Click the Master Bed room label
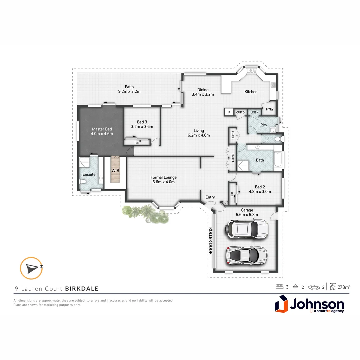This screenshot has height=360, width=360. click(x=102, y=129)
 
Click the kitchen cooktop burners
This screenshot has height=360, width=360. click(x=273, y=85)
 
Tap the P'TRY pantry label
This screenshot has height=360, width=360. click(x=269, y=109)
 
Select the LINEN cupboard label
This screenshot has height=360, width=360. click(x=254, y=112)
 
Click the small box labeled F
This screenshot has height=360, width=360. click(x=229, y=112)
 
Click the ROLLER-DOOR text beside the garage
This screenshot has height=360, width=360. click(x=210, y=241)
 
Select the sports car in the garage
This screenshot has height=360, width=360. click(x=247, y=255)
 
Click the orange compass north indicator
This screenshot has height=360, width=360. click(x=31, y=268)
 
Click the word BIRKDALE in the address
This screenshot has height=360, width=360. click(x=82, y=289)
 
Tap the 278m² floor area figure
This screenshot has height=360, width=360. click(x=343, y=287)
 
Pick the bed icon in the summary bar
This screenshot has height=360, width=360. click(x=279, y=287)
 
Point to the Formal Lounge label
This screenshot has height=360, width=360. click(x=163, y=177)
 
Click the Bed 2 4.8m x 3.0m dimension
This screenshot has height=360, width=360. click(x=260, y=192)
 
